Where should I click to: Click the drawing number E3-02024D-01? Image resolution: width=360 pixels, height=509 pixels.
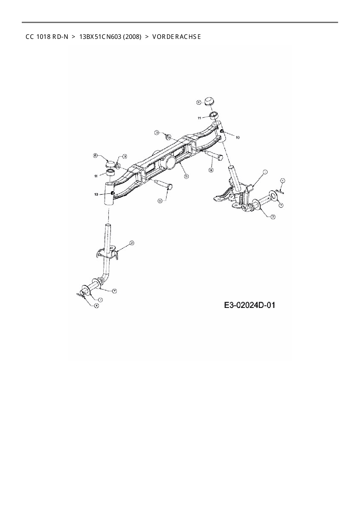coord(249,305)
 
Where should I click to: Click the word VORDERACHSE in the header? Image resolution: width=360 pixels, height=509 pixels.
coord(176,37)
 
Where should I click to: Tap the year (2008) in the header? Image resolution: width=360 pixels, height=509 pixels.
coord(132,37)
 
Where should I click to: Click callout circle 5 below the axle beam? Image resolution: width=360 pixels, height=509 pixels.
coord(186,176)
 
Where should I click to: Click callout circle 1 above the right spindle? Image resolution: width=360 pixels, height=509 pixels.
coord(265,172)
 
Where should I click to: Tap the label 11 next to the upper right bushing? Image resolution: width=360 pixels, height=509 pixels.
coord(199,118)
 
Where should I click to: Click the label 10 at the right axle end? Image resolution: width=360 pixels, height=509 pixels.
coord(238,138)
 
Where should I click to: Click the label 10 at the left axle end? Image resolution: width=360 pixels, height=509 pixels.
coord(96,194)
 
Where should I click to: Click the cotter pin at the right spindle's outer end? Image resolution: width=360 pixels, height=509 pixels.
coord(280,191)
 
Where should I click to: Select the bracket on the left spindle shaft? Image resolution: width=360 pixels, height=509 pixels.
coord(107,253)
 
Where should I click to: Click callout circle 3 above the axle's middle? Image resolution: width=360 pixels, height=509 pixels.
coord(157,133)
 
